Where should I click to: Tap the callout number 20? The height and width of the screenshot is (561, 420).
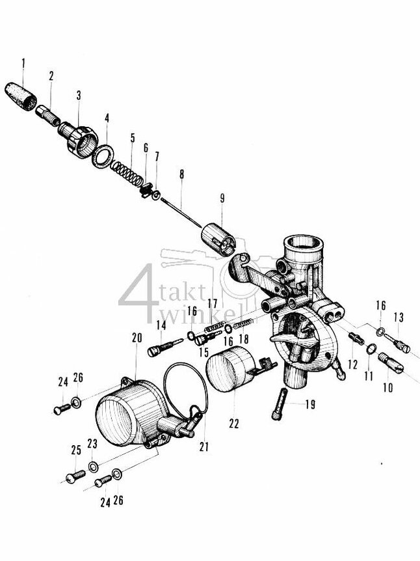pyautogui.click(x=136, y=338)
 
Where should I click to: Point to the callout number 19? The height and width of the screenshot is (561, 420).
pyautogui.click(x=309, y=405)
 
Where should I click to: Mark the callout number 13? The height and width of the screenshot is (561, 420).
pyautogui.click(x=399, y=317)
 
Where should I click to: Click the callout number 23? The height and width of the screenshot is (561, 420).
pyautogui.click(x=92, y=443)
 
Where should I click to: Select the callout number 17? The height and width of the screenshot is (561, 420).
pyautogui.click(x=213, y=303)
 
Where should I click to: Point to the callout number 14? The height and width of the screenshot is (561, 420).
pyautogui.click(x=161, y=325)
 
